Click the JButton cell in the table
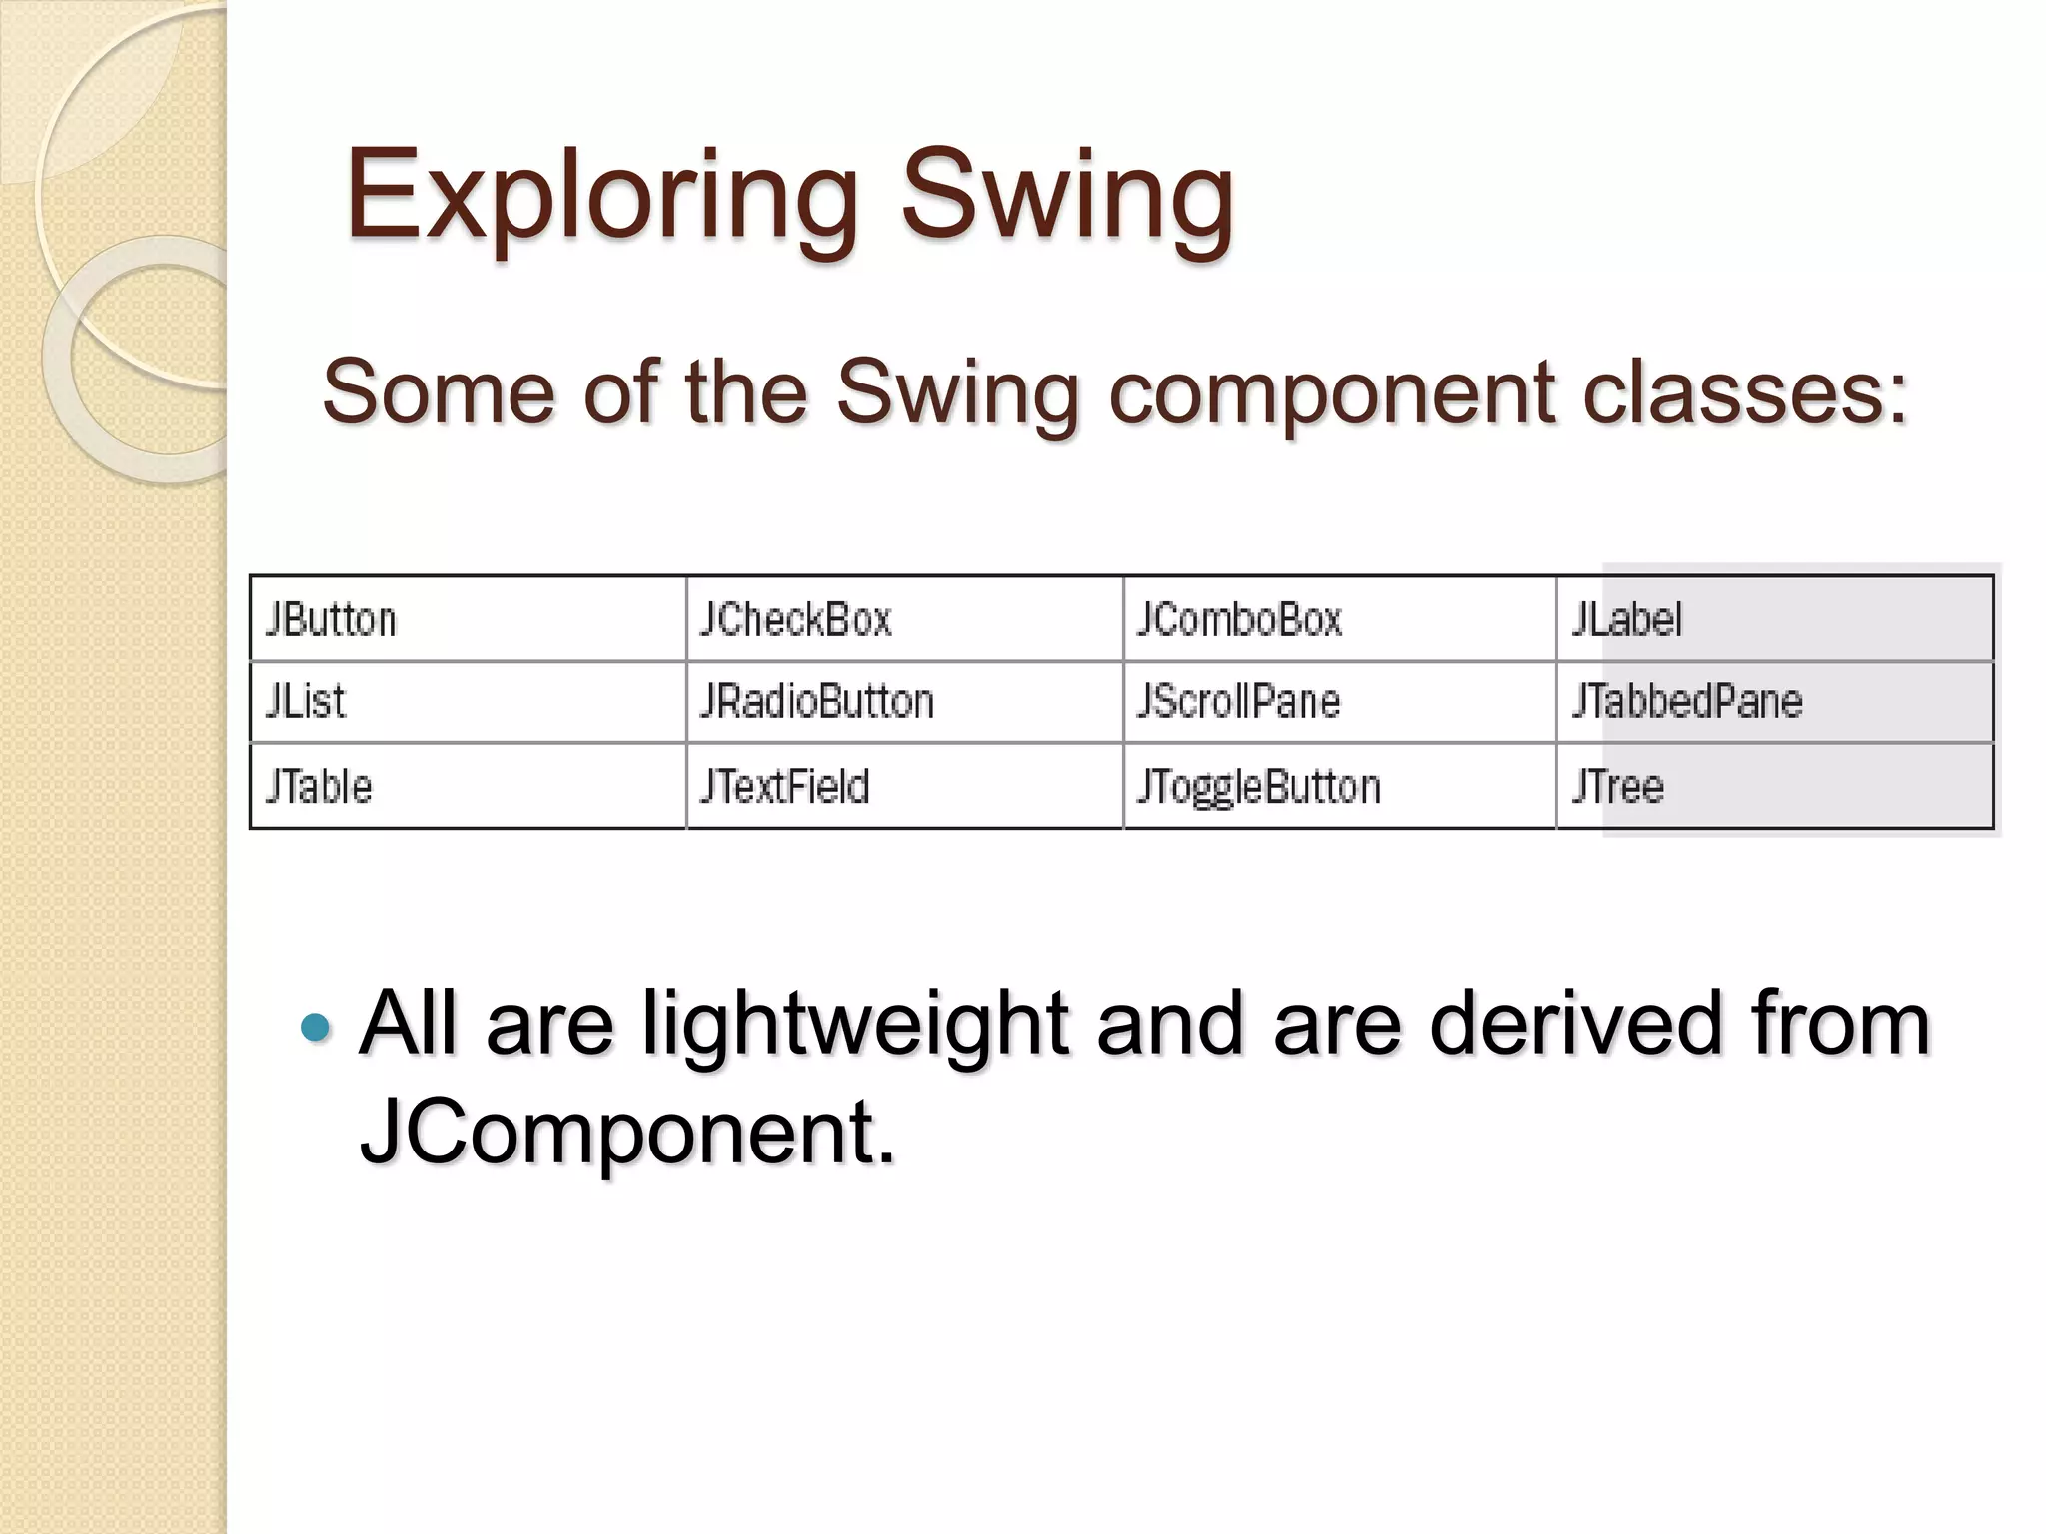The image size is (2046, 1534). point(331,620)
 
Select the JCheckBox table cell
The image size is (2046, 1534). point(795,620)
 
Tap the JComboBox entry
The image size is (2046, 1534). point(1239,620)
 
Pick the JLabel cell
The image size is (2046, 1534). point(1627,620)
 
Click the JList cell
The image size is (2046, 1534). point(306,701)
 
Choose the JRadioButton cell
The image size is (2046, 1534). point(817,701)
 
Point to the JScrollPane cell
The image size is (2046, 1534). point(1238,701)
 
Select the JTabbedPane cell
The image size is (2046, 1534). point(1687,701)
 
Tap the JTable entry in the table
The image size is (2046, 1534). point(319,787)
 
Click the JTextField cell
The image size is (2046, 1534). point(785,787)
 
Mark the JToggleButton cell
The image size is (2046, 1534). point(1259,787)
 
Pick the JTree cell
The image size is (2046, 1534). point(1618,787)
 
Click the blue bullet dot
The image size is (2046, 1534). point(315,1027)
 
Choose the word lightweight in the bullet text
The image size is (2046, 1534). point(855,1025)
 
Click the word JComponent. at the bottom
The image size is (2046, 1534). point(627,1133)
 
